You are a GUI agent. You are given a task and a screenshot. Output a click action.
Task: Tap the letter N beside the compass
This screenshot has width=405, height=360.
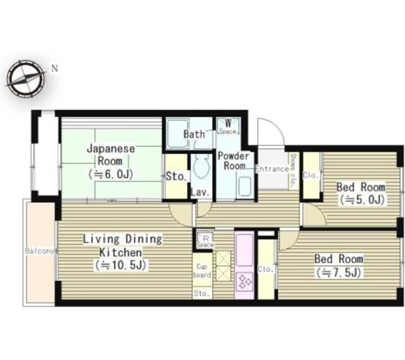coord(54,68)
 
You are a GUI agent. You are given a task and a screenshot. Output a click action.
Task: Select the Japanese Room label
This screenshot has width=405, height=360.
coord(110,161)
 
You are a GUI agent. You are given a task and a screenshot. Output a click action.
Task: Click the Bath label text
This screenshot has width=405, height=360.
coord(194,134)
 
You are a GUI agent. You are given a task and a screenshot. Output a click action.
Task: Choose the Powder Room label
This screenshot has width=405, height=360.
coord(233,161)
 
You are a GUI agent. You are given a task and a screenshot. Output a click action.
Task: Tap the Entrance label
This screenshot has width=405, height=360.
coord(272,169)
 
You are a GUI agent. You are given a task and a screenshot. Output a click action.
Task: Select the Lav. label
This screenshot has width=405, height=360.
coord(201,192)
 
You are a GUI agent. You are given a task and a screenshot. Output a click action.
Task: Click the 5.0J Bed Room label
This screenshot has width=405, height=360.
coord(361,193)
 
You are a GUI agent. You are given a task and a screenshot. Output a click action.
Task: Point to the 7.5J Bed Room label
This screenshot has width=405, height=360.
coord(339,265)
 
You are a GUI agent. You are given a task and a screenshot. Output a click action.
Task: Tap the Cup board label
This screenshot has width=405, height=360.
coord(202,271)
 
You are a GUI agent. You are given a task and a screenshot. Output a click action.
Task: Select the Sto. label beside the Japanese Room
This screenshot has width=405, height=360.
coord(175,177)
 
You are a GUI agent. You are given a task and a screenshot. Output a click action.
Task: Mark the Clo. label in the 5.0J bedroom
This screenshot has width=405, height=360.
coord(311,176)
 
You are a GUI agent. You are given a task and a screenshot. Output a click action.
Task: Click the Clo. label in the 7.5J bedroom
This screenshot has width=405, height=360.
coord(266,268)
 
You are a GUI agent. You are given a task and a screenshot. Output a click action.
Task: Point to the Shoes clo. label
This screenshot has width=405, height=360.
coord(294,170)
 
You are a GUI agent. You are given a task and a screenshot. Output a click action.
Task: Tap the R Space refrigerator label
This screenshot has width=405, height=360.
coord(204,240)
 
